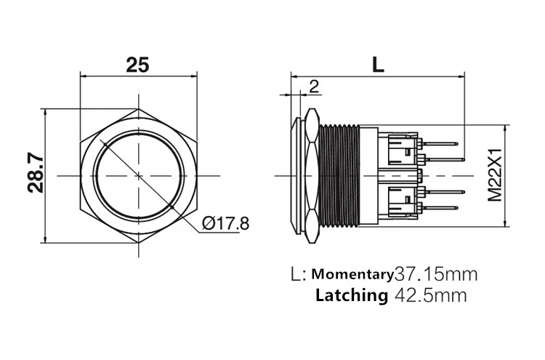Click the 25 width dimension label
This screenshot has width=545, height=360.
pos(137,64)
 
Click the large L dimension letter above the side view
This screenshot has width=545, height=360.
pos(377,64)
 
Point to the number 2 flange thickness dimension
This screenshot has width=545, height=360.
pos(314,87)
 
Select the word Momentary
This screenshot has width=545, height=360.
pos(352,274)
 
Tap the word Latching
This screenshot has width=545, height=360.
pos(351,295)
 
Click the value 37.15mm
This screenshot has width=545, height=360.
pos(435,274)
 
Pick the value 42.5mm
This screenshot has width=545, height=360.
pos(429,295)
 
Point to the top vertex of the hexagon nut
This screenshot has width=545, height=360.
pos(138,110)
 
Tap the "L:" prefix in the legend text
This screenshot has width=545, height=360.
pos(298,275)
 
